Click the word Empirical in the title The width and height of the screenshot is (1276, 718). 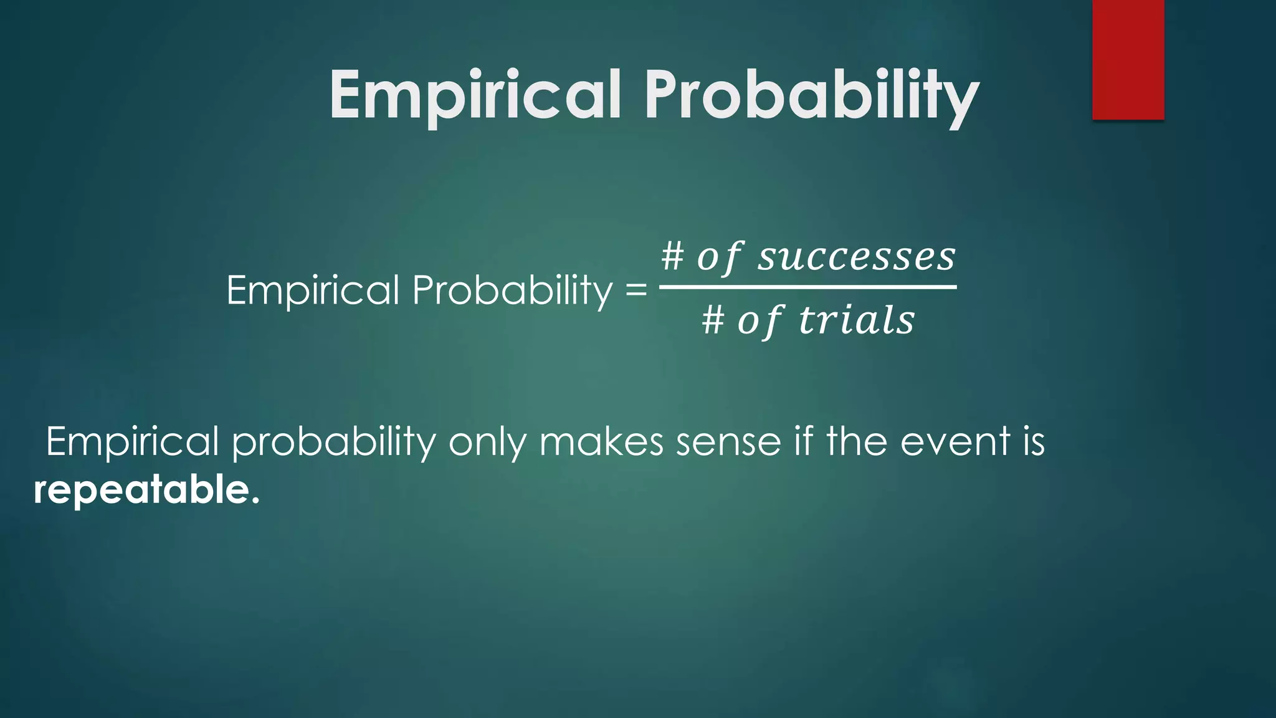(475, 95)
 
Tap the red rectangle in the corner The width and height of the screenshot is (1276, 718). (1128, 59)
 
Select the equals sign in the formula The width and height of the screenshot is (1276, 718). (636, 290)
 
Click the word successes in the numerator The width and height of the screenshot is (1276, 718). (856, 257)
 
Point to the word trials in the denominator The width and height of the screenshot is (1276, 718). (856, 320)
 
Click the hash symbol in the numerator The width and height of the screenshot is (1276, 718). (672, 257)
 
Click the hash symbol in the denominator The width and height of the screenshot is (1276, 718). (713, 320)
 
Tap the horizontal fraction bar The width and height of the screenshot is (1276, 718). (807, 287)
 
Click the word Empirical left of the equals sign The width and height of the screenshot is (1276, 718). (312, 290)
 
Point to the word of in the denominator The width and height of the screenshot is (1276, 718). (759, 320)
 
